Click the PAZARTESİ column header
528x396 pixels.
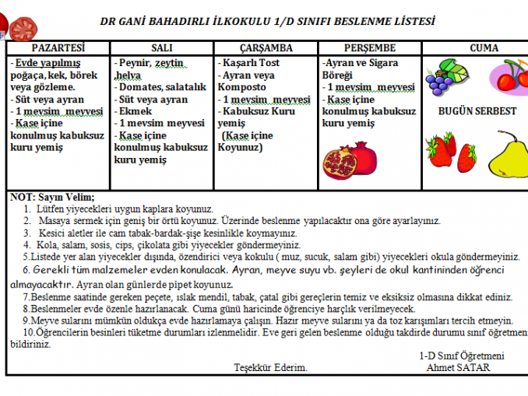pyautogui.click(x=57, y=48)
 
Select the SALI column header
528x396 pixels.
pyautogui.click(x=162, y=48)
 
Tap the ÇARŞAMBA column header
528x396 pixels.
pyautogui.click(x=266, y=48)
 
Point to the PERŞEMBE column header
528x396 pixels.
pyautogui.click(x=369, y=48)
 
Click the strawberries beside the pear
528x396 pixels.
pyautogui.click(x=442, y=151)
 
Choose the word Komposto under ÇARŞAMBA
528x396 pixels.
pyautogui.click(x=244, y=88)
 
